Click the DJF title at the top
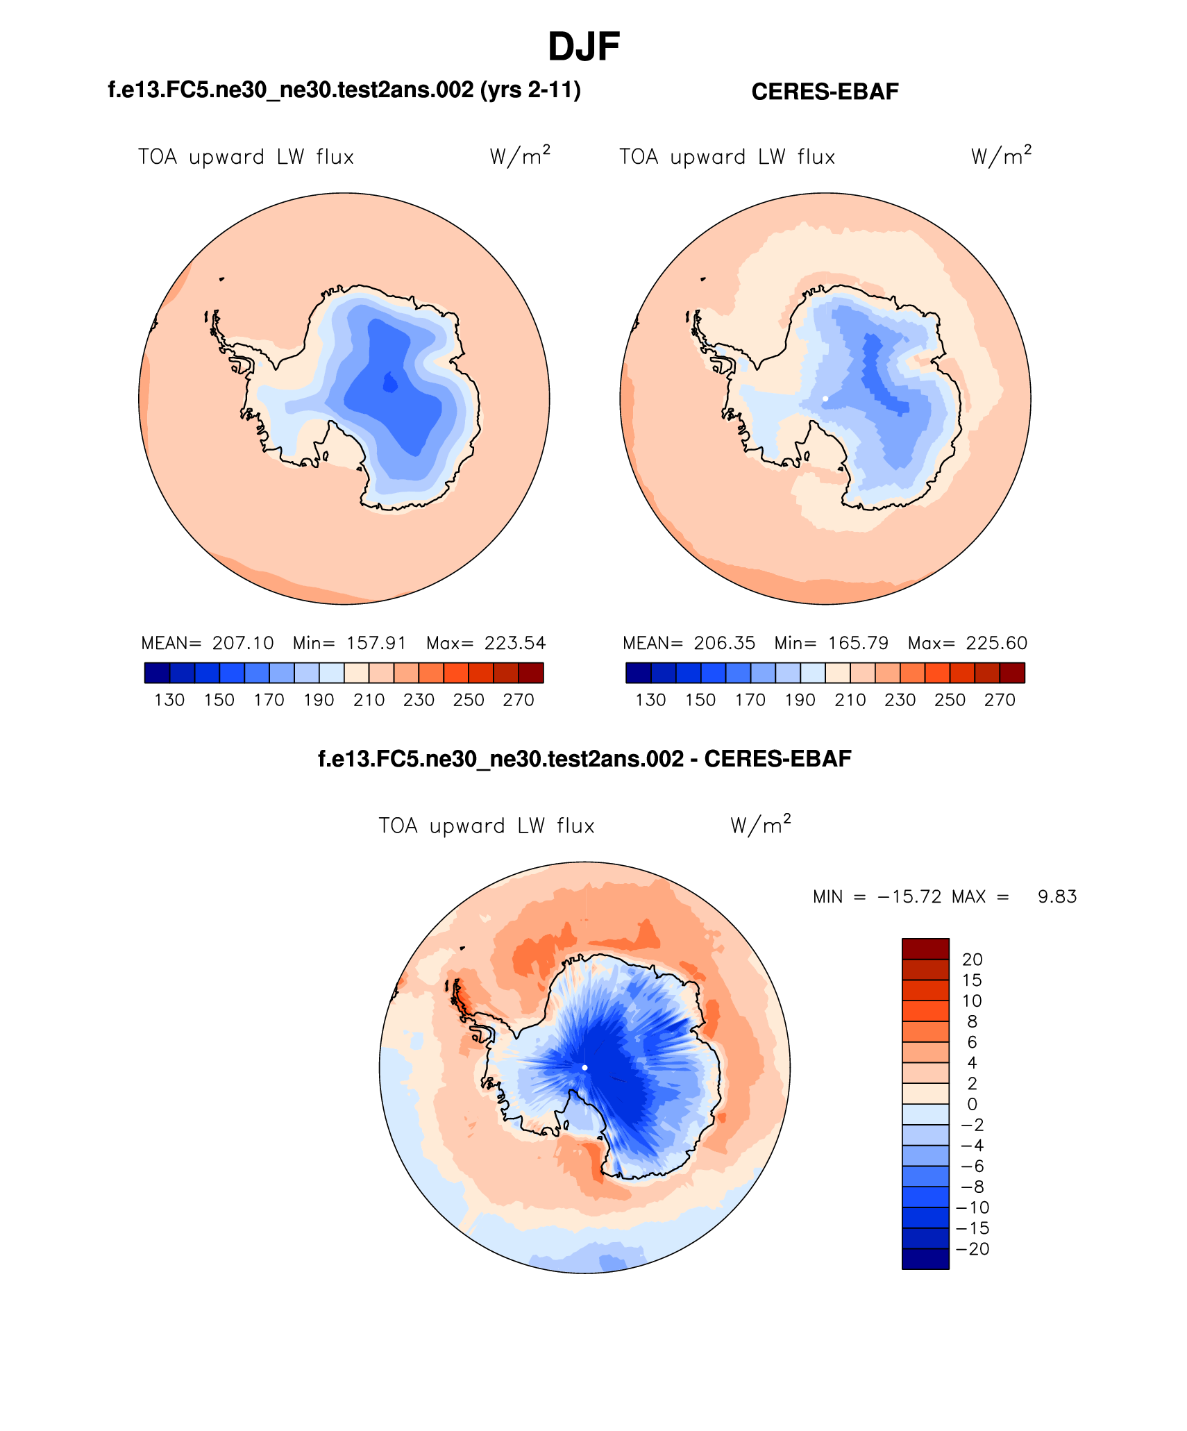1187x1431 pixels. (x=583, y=47)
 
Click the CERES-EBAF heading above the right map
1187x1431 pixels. (x=825, y=92)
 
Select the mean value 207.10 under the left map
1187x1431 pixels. (x=243, y=643)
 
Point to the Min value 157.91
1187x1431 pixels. (x=376, y=643)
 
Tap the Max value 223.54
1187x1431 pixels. (x=515, y=643)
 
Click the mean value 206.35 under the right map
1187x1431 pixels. (x=724, y=643)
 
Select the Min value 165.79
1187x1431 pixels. (x=858, y=643)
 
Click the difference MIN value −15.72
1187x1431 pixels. (x=909, y=897)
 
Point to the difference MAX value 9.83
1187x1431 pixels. (x=1057, y=897)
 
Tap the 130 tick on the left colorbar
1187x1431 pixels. (x=169, y=700)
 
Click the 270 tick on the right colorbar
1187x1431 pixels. (x=1000, y=700)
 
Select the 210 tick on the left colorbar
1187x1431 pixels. (x=369, y=700)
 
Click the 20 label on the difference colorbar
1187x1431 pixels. (x=973, y=960)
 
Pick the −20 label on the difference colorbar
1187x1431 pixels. (x=973, y=1249)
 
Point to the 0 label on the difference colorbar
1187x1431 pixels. (x=973, y=1105)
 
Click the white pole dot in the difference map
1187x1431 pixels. (x=584, y=1067)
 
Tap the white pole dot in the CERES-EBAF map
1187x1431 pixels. (x=825, y=399)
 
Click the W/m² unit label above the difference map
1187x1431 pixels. (x=761, y=825)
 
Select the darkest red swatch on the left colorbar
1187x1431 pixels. (x=531, y=673)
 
